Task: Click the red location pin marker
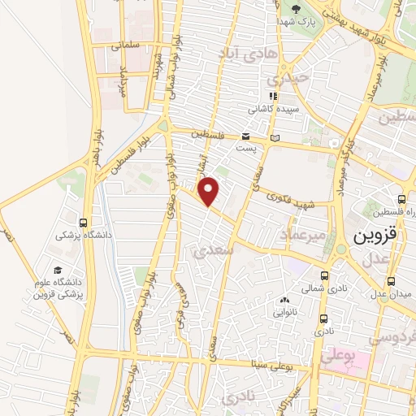[210, 191]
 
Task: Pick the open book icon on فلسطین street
[275, 137]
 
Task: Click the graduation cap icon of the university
[58, 270]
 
